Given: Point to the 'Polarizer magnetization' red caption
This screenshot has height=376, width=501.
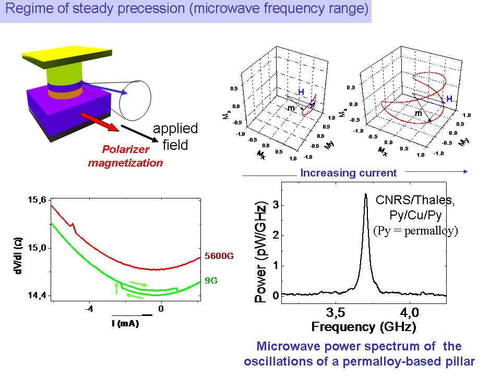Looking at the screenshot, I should pyautogui.click(x=125, y=156).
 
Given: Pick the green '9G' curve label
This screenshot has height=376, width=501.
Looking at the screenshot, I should pyautogui.click(x=211, y=280).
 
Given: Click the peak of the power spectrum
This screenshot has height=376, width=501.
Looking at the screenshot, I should pyautogui.click(x=365, y=194).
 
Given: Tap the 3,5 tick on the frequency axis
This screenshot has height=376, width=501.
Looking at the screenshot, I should pyautogui.click(x=335, y=313).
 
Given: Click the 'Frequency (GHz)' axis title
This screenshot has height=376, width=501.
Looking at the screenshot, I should pyautogui.click(x=364, y=327).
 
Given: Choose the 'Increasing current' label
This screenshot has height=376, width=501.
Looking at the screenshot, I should pyautogui.click(x=349, y=173).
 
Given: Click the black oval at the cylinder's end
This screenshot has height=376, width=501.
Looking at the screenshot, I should pyautogui.click(x=135, y=99).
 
